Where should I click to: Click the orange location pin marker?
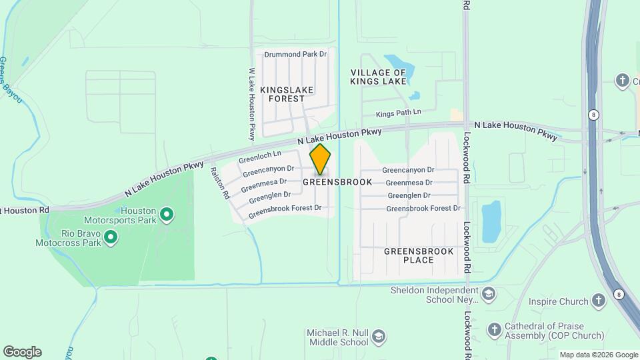[321, 159]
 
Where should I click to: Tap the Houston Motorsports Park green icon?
[167, 215]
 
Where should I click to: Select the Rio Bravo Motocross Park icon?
[111, 236]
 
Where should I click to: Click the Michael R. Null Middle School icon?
[379, 335]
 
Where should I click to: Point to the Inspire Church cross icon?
[599, 301]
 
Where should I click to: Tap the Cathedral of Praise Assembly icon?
[494, 329]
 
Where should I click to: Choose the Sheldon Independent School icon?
[489, 294]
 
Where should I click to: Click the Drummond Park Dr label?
[295, 54]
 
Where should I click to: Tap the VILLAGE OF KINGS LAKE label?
[378, 77]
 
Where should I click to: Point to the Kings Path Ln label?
[399, 115]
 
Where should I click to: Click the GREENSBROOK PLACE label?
[419, 255]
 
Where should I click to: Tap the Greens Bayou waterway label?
[11, 80]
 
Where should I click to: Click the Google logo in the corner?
[22, 352]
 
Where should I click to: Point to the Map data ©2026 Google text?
[598, 355]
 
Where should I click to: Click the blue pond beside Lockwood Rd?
[491, 221]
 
